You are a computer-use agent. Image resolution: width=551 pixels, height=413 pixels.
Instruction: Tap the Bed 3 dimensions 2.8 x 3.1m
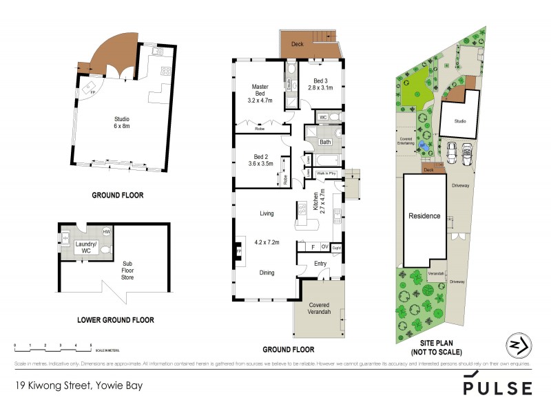(x=320, y=88)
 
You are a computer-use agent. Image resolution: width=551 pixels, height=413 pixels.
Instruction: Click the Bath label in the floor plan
(x=325, y=142)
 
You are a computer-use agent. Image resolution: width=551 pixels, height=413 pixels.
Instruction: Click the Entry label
(x=320, y=263)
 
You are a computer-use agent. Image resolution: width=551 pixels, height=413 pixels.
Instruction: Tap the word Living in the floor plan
(x=267, y=213)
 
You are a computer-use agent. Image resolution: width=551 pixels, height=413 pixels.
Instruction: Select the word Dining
(x=267, y=273)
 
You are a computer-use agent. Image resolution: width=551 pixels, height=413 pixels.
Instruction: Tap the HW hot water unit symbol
(x=107, y=232)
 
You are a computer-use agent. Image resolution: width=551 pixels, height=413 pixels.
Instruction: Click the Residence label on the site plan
(x=424, y=215)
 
